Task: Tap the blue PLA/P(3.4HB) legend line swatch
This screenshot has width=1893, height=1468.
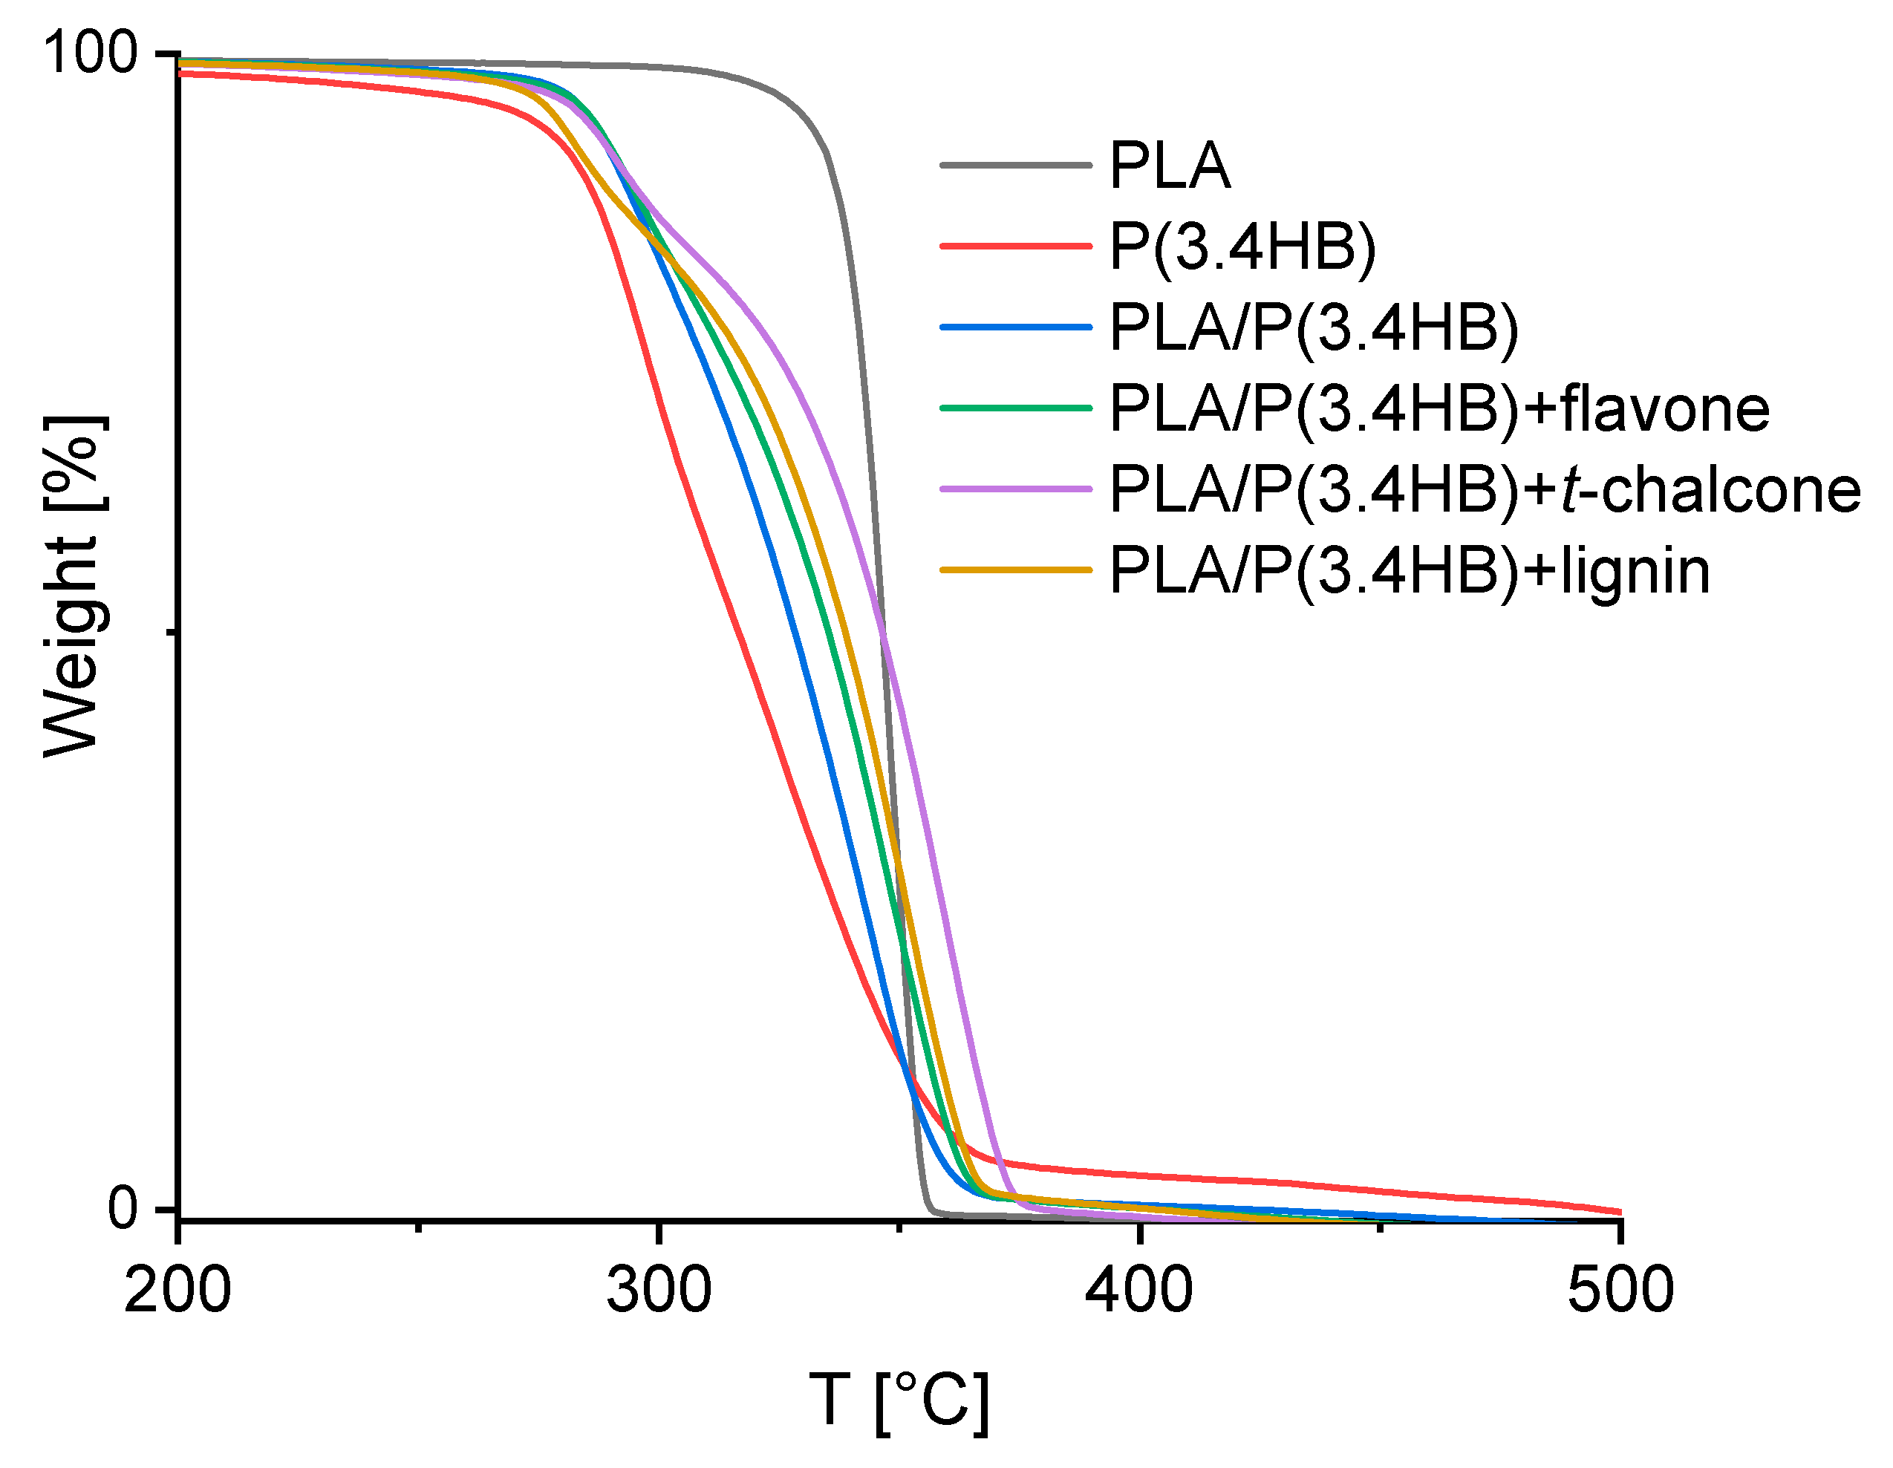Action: click(x=1016, y=327)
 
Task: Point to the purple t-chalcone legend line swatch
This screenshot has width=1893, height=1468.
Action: click(x=1016, y=489)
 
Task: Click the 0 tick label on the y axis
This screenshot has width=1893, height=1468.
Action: click(x=123, y=1207)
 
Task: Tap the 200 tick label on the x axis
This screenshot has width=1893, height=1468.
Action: click(x=177, y=1291)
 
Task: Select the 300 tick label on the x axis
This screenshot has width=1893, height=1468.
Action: click(x=659, y=1291)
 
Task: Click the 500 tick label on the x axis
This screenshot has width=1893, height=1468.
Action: click(x=1620, y=1291)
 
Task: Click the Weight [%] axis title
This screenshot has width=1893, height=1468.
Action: click(x=73, y=587)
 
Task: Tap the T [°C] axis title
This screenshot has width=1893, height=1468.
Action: click(x=899, y=1400)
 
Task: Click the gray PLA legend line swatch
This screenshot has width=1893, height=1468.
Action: click(x=1016, y=165)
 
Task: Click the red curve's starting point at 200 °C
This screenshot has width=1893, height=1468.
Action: click(x=180, y=74)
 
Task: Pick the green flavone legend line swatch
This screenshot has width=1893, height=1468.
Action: click(x=1016, y=408)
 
